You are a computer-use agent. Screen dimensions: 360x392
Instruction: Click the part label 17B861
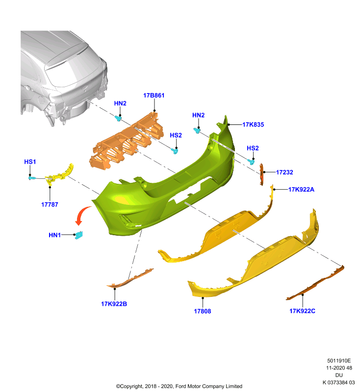tap(154, 96)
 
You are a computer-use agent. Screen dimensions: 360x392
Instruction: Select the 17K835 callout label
tap(253, 124)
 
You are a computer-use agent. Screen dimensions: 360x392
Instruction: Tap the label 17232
tap(284, 172)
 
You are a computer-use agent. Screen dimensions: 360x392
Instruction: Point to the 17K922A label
tap(301, 190)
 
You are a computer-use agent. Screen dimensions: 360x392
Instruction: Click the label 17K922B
tap(114, 304)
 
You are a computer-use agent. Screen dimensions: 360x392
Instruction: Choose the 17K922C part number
tap(302, 311)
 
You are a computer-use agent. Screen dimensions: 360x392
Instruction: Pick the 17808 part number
tap(203, 311)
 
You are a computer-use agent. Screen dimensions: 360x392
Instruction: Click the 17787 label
tap(50, 204)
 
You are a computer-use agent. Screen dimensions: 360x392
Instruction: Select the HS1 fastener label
tap(30, 162)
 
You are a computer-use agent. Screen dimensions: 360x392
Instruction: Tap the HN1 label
tap(54, 235)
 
